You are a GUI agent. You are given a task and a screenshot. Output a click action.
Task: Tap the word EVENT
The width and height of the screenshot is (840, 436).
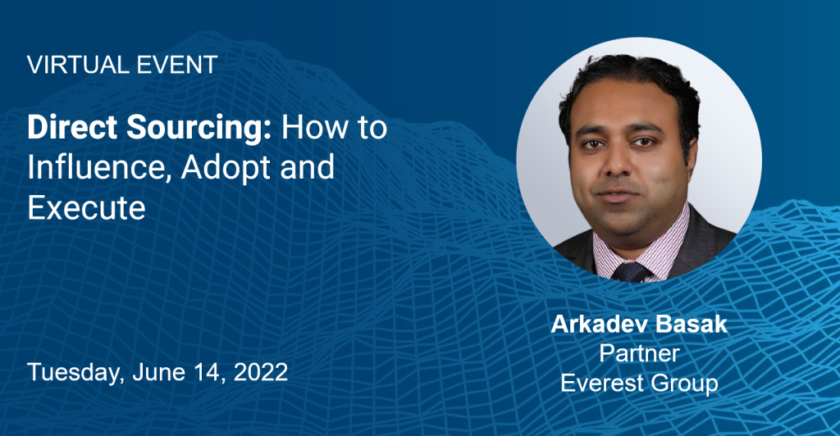coord(177,65)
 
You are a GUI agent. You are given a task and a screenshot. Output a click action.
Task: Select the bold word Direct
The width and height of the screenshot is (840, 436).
coord(72,127)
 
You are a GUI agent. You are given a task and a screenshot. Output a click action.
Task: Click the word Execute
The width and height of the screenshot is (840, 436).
coord(86,207)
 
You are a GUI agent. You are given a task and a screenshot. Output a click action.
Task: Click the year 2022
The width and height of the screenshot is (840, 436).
coord(261,372)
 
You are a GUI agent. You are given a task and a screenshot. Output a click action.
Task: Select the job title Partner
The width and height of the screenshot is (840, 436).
coord(639,353)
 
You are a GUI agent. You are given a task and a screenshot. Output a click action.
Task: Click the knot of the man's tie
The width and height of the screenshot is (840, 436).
coord(632,272)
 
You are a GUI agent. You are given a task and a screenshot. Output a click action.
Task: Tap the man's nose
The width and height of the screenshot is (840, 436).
coord(616,162)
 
